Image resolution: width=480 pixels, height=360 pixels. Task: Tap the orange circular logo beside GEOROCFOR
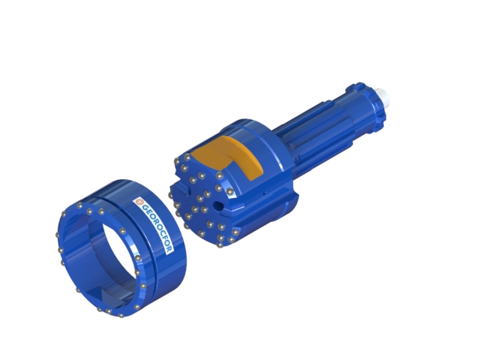point(139,201)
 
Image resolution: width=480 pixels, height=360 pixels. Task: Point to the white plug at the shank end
point(384,96)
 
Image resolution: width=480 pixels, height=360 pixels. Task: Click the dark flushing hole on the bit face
point(218,205)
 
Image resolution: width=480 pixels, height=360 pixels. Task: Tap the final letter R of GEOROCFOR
point(169,250)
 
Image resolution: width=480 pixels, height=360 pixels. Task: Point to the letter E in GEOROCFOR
point(147,212)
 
